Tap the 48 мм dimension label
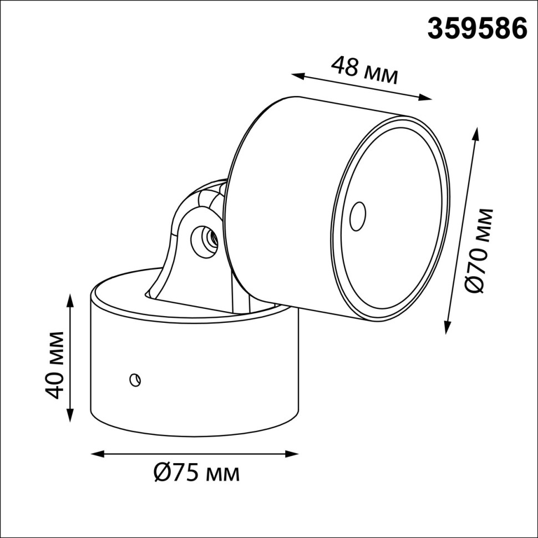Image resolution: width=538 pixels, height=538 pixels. [x=364, y=71]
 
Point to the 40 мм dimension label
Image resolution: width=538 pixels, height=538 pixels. [x=55, y=364]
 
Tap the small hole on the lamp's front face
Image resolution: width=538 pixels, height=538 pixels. [x=358, y=215]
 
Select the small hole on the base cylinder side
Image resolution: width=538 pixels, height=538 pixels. [x=134, y=380]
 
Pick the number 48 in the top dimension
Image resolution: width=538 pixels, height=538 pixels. [x=344, y=67]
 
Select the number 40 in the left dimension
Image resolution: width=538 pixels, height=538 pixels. [x=55, y=385]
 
